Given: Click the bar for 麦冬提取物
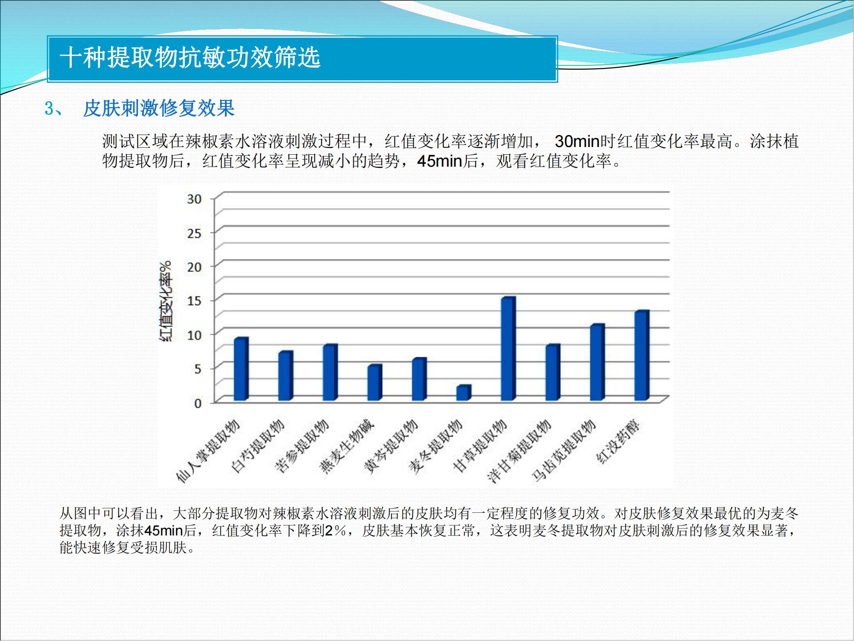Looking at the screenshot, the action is click(x=464, y=393).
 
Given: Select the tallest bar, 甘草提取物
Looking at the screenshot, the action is click(x=509, y=349).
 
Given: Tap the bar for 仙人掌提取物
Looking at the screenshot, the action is click(x=241, y=369).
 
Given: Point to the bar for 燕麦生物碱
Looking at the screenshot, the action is click(x=375, y=382).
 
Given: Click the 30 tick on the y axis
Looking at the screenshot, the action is click(x=194, y=199).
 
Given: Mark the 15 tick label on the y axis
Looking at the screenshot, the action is click(x=194, y=301).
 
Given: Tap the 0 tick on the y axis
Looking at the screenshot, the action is click(x=198, y=403).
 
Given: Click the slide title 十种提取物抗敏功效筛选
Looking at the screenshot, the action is click(x=190, y=57).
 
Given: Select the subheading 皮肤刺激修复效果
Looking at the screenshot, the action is click(x=159, y=108).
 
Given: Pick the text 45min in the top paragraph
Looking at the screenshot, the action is click(x=440, y=161).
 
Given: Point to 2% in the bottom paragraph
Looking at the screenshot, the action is click(x=335, y=530).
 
